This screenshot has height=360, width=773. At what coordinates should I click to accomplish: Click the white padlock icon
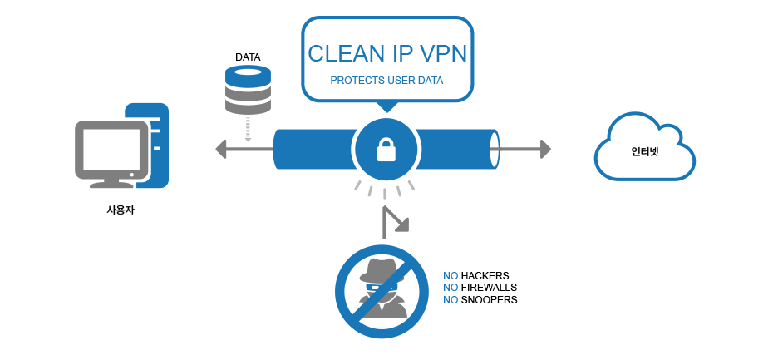pos(386,150)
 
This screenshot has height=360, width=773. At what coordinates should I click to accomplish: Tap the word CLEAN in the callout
pos(339,54)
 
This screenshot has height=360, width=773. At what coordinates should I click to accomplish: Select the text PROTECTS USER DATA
pos(386,81)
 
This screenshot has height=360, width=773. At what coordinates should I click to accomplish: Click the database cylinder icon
pos(249,90)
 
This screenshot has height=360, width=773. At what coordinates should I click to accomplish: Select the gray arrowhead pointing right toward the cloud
pos(544,149)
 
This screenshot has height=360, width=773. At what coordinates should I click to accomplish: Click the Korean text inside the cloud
pos(644,151)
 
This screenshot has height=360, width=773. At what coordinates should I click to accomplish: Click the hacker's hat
pos(381,264)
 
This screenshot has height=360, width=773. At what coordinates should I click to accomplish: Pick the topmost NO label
pos(451,275)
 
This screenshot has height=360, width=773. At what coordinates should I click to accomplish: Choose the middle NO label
pos(451,287)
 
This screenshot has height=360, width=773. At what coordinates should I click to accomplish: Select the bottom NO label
pos(451,299)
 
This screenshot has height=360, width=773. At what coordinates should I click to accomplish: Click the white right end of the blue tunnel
pos(493,150)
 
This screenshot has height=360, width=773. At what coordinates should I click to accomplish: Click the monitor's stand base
pos(112,184)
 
